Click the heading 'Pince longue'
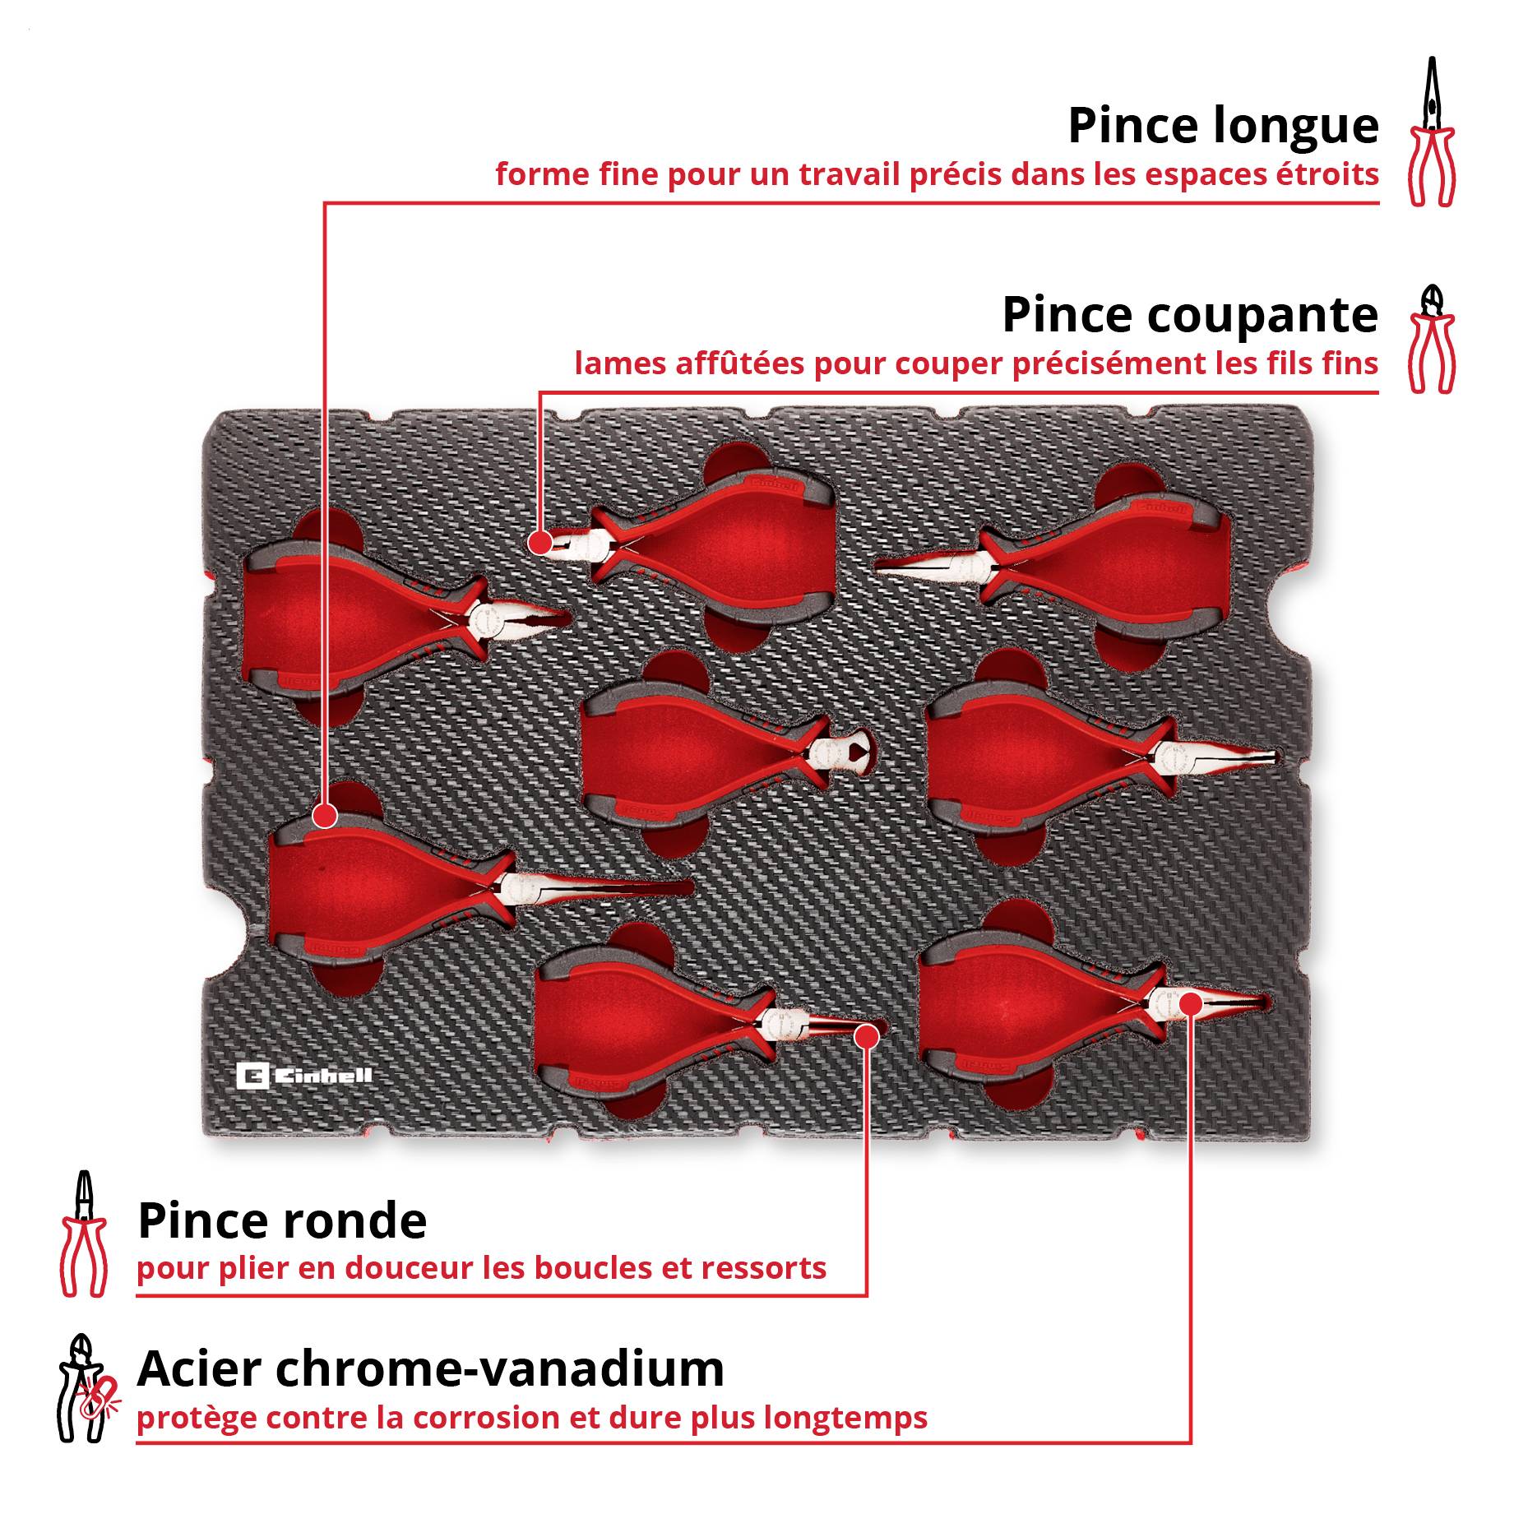click(x=1223, y=127)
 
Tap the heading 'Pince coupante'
click(x=1190, y=315)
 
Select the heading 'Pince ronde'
click(x=282, y=1220)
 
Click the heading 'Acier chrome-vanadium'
click(x=431, y=1368)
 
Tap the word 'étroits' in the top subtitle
click(x=1327, y=174)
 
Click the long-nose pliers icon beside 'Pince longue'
click(x=1432, y=132)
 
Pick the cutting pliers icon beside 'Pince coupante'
click(x=1432, y=339)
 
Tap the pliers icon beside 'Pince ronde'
click(x=83, y=1234)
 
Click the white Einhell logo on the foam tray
click(x=304, y=1076)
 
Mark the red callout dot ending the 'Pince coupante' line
click(x=540, y=543)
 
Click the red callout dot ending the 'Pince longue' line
click(x=326, y=817)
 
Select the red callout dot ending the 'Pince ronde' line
click(x=866, y=1037)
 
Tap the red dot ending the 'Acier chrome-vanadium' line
click(x=1190, y=1004)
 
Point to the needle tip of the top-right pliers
click(x=877, y=564)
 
